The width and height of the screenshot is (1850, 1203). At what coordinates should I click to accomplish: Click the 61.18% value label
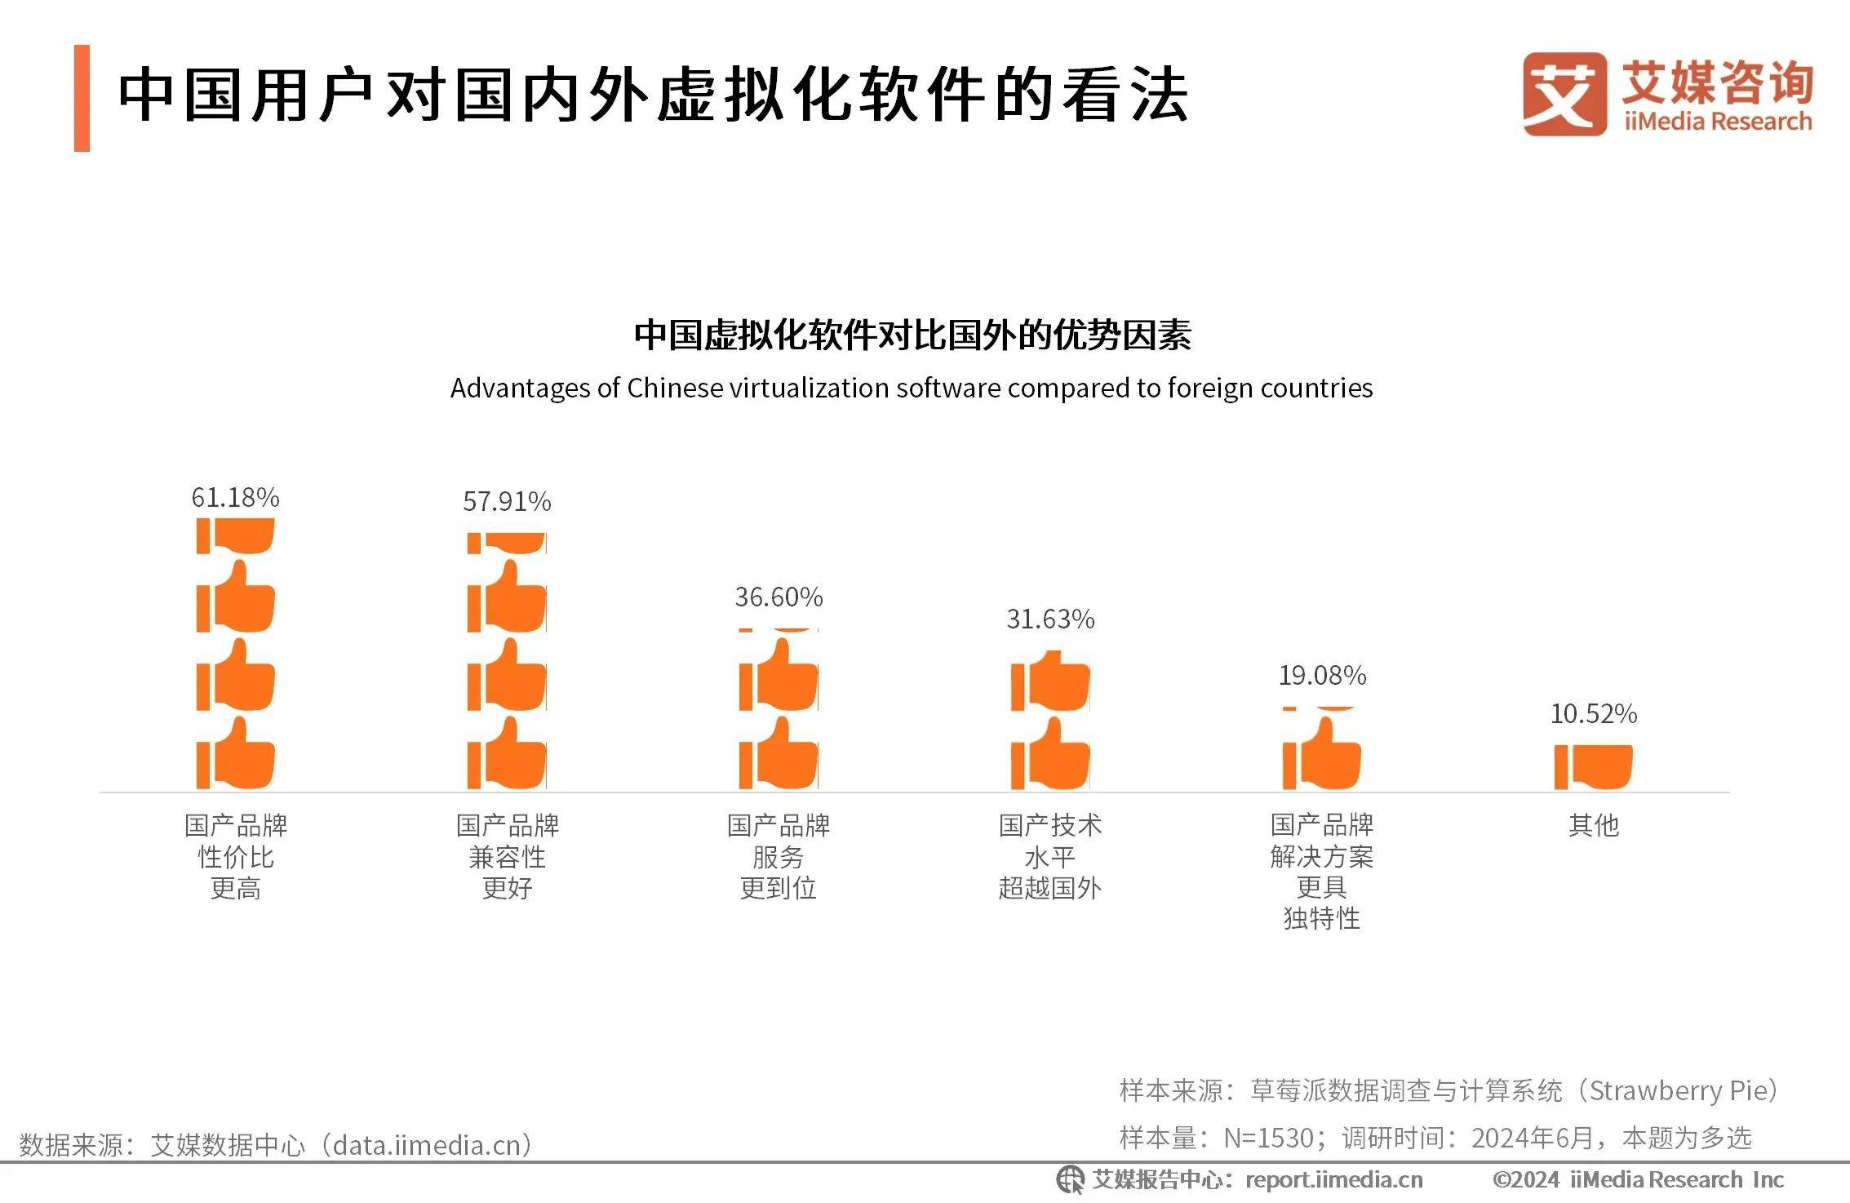235,497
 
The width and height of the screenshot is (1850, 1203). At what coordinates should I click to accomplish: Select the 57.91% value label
507,501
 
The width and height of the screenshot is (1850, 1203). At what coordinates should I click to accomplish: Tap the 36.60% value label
779,597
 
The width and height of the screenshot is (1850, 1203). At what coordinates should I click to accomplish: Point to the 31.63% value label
1050,619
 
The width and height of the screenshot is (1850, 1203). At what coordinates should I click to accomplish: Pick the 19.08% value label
1322,675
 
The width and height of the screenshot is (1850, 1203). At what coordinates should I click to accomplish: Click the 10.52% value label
1593,713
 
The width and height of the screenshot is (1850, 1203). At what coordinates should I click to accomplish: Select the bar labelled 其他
1593,766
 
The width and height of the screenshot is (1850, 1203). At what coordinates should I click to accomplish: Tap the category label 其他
1593,825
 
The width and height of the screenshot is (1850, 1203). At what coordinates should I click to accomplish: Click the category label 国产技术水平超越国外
1050,856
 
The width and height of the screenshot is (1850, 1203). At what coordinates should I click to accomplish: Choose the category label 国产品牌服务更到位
779,856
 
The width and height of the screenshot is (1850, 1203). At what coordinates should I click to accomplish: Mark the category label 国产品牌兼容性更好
507,856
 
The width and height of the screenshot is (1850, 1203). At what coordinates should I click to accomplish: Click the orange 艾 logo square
1564,94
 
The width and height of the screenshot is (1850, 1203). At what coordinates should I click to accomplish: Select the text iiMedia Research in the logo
1718,122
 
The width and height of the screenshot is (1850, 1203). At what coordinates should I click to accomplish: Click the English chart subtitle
912,388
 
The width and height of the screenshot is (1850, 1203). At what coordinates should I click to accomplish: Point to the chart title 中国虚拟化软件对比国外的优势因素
912,335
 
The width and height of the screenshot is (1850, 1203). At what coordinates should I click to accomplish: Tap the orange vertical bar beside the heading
82,98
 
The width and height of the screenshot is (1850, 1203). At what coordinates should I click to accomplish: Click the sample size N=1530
1269,1138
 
